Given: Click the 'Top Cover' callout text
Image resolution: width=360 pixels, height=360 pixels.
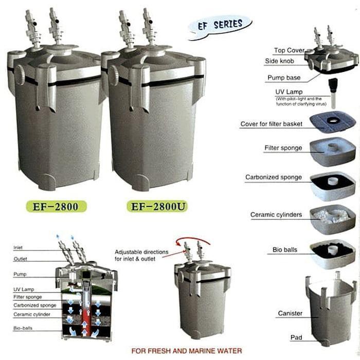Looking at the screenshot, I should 289,50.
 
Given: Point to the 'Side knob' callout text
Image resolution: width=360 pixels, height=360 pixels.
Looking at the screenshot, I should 289,62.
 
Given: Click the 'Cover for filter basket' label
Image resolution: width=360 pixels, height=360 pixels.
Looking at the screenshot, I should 271,124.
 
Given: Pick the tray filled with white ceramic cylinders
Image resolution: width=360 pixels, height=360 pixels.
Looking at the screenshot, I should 333,215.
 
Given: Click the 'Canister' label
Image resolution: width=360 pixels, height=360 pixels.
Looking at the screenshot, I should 290,313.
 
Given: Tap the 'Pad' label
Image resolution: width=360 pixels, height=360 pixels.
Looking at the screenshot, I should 296,338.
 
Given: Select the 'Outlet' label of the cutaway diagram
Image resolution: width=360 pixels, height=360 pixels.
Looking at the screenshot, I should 20,259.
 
